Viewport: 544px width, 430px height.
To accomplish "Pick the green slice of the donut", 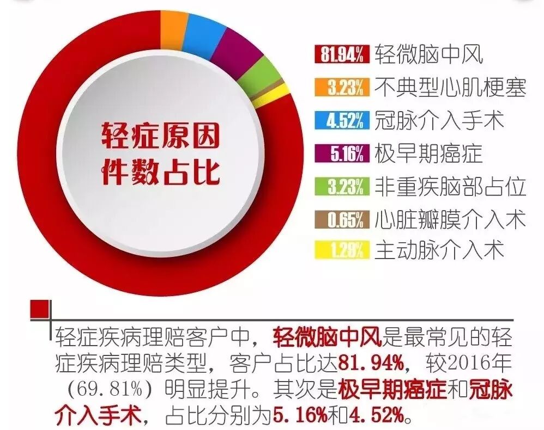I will coord(263,73).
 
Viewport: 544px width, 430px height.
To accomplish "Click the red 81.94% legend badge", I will coord(342,54).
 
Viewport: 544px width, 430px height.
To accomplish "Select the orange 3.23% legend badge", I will coord(342,87).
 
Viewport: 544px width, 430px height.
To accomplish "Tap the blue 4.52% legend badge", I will coord(342,120).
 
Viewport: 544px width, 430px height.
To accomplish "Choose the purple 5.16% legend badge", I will coord(342,153).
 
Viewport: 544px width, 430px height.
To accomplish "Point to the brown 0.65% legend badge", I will coord(342,219).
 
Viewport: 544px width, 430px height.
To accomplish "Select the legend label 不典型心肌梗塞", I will coord(450,87).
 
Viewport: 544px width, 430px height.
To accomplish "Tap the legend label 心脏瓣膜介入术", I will coord(450,219).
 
